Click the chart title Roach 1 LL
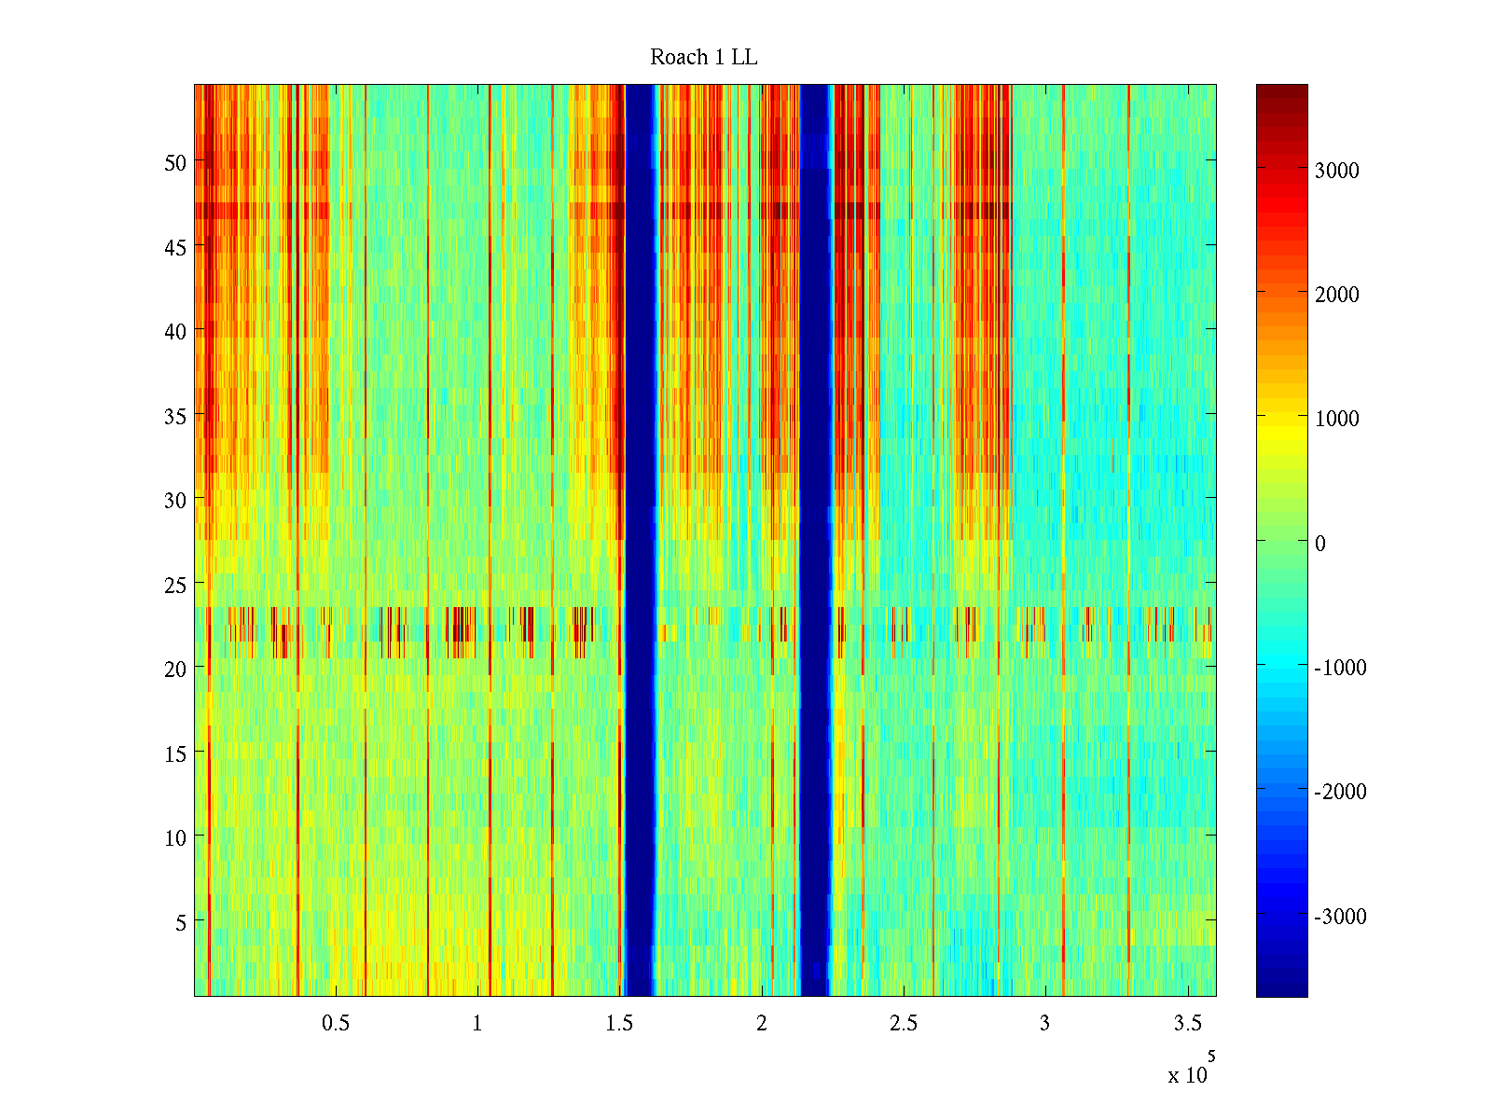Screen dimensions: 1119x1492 click(x=703, y=58)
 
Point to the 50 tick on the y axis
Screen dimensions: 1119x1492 click(x=175, y=162)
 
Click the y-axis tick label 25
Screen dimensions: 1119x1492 click(x=175, y=585)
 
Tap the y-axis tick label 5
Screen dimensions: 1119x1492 click(x=181, y=922)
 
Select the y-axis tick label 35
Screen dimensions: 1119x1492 click(x=175, y=416)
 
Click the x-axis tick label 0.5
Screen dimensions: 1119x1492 click(x=336, y=1024)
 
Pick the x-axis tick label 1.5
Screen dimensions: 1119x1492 click(x=619, y=1024)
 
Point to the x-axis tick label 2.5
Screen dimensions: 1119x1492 click(x=903, y=1024)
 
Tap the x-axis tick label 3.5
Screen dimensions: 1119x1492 click(x=1187, y=1024)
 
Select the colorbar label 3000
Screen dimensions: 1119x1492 click(x=1336, y=171)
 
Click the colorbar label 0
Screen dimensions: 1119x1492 click(x=1319, y=544)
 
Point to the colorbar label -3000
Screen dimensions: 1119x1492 click(x=1340, y=917)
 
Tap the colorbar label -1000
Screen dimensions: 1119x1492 click(x=1340, y=668)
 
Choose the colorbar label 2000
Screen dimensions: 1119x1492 click(x=1336, y=295)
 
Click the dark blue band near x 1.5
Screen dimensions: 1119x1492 click(x=639, y=541)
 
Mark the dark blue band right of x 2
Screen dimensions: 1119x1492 click(x=815, y=541)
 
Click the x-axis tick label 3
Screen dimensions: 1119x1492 click(x=1044, y=1024)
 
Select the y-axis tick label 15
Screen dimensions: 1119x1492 click(x=175, y=753)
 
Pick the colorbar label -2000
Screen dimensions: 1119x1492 click(x=1340, y=792)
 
